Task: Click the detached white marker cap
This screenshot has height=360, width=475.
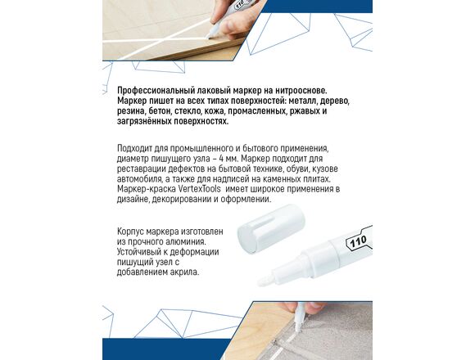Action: pos(270,227)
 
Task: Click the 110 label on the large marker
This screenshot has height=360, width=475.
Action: pos(358,241)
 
